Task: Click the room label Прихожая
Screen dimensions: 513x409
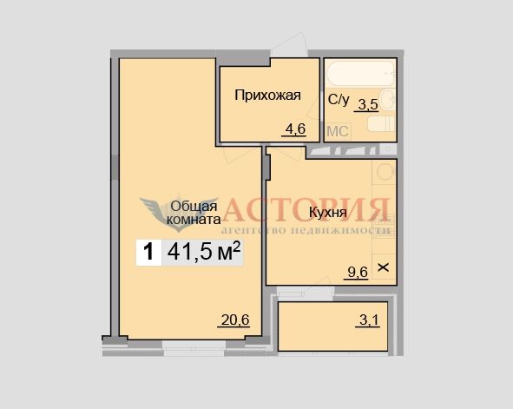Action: pyautogui.click(x=267, y=96)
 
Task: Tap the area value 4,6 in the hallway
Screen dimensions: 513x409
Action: pyautogui.click(x=295, y=129)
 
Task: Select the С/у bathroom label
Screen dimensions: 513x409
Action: pyautogui.click(x=339, y=100)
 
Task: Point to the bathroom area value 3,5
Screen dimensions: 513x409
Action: pyautogui.click(x=368, y=105)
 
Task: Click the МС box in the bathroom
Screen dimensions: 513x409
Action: pyautogui.click(x=338, y=131)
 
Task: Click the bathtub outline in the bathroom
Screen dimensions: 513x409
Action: pyautogui.click(x=361, y=74)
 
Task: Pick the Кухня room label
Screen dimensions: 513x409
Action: pyautogui.click(x=327, y=213)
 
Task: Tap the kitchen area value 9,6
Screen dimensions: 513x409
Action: pyautogui.click(x=358, y=272)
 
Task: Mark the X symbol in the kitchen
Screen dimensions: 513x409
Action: pyautogui.click(x=384, y=267)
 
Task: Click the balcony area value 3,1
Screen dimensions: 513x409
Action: pyautogui.click(x=369, y=320)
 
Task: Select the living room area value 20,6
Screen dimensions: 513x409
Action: pyautogui.click(x=235, y=320)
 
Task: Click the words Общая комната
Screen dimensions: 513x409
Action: pyautogui.click(x=194, y=213)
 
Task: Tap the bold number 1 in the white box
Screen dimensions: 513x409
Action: pyautogui.click(x=148, y=252)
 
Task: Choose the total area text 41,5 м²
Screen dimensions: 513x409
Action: pyautogui.click(x=204, y=252)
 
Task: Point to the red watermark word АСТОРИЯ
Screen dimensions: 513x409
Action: pyautogui.click(x=306, y=210)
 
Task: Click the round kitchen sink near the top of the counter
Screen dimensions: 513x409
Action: pyautogui.click(x=385, y=171)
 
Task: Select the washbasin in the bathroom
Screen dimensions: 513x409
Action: pyautogui.click(x=388, y=99)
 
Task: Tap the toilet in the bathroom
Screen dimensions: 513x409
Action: pyautogui.click(x=381, y=124)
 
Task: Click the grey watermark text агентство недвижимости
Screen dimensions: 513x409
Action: pyautogui.click(x=306, y=230)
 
